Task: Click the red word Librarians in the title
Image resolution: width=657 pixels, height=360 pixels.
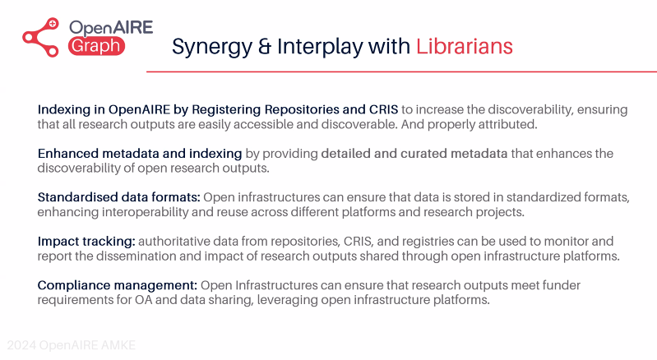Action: pos(464,46)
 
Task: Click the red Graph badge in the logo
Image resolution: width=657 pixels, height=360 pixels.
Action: pos(97,46)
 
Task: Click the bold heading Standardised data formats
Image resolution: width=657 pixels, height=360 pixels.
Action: pos(118,197)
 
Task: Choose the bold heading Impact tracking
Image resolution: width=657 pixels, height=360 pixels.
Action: pos(86,242)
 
